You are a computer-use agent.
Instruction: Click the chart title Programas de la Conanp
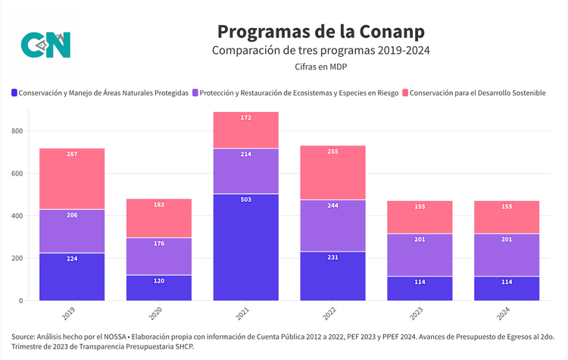pos(320,30)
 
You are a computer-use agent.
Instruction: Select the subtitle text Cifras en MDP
pos(321,67)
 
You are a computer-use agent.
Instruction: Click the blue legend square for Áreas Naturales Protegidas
pos(14,92)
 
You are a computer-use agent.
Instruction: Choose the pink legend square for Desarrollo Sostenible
pos(405,92)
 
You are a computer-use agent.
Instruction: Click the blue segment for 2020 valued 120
pos(159,288)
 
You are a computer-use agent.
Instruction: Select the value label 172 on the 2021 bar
pos(245,117)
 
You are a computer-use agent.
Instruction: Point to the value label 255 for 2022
pos(333,152)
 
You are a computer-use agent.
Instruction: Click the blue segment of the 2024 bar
pos(507,288)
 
